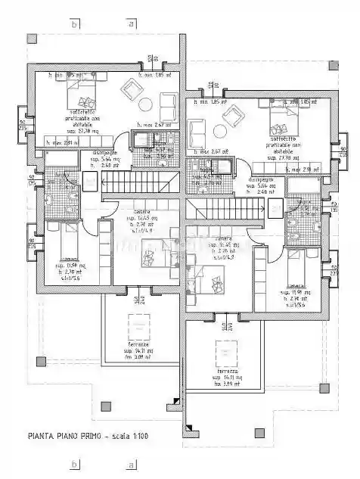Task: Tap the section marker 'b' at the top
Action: (x=73, y=23)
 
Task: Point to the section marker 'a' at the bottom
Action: (x=132, y=463)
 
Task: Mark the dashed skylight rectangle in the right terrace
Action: (x=227, y=353)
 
